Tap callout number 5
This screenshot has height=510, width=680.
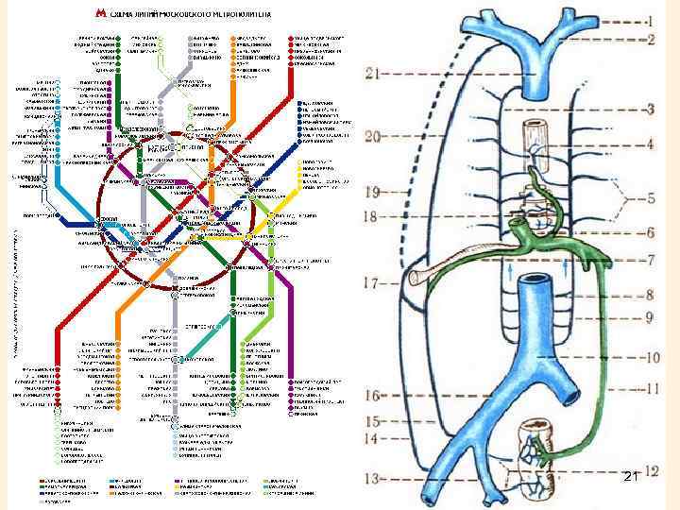point(652,200)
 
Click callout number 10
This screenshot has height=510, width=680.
point(652,358)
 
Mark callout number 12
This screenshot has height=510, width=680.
point(652,469)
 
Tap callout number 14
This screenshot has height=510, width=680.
point(375,438)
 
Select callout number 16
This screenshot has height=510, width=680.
point(375,396)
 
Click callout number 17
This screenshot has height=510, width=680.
point(375,281)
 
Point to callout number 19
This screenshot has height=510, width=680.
point(373,192)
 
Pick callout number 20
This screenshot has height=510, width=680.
point(373,137)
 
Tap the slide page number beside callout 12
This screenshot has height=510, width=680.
point(631,480)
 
